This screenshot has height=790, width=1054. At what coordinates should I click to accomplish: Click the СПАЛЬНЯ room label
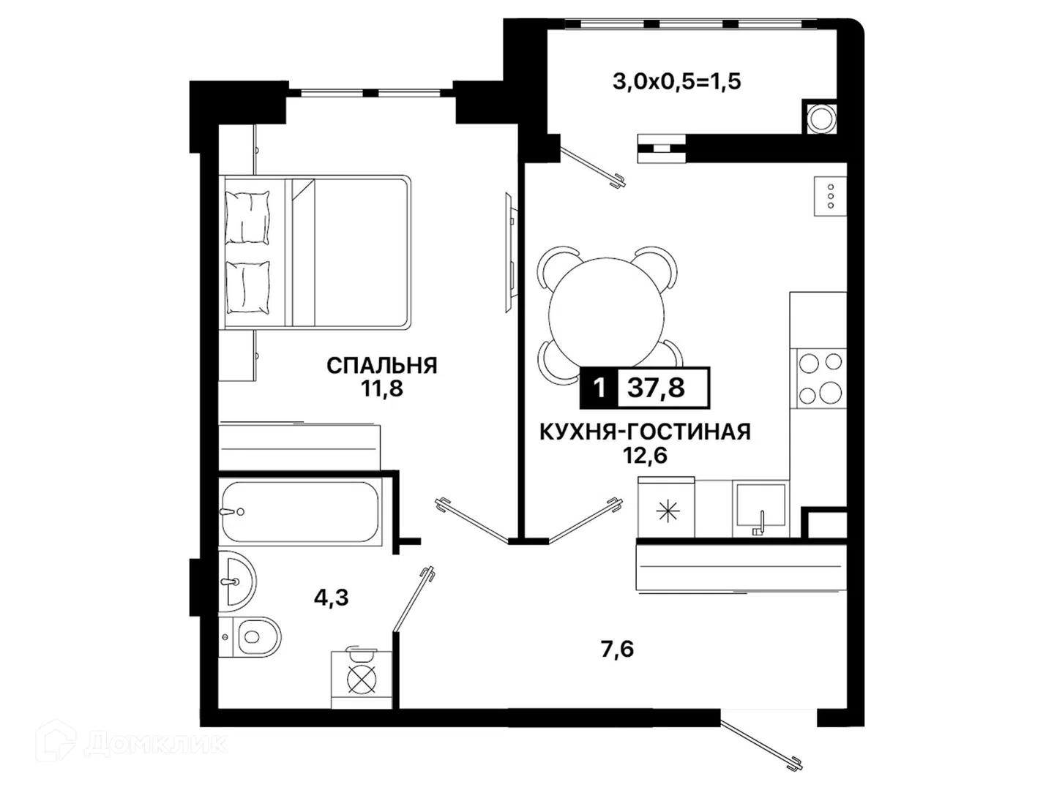click(x=382, y=366)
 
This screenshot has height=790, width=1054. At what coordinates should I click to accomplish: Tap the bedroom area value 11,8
click(x=382, y=389)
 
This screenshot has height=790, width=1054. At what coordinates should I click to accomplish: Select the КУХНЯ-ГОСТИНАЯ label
click(x=645, y=432)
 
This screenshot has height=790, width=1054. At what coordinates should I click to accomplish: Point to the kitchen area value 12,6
click(x=646, y=455)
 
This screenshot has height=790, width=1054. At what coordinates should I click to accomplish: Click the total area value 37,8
click(x=656, y=388)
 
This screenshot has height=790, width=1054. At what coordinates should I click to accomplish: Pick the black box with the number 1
click(x=599, y=388)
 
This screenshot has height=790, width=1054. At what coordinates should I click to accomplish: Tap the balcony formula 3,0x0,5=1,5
click(x=677, y=81)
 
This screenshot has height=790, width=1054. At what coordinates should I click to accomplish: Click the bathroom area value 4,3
click(x=332, y=598)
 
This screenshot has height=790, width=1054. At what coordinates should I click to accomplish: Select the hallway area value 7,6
click(x=618, y=650)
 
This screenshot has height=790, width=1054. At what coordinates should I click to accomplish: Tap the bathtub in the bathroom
click(x=301, y=511)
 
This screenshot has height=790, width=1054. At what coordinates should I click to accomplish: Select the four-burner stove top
click(x=821, y=378)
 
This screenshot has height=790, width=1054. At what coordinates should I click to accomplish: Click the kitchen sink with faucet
click(x=761, y=509)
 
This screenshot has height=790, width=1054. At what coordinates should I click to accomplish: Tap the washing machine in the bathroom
click(x=362, y=680)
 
